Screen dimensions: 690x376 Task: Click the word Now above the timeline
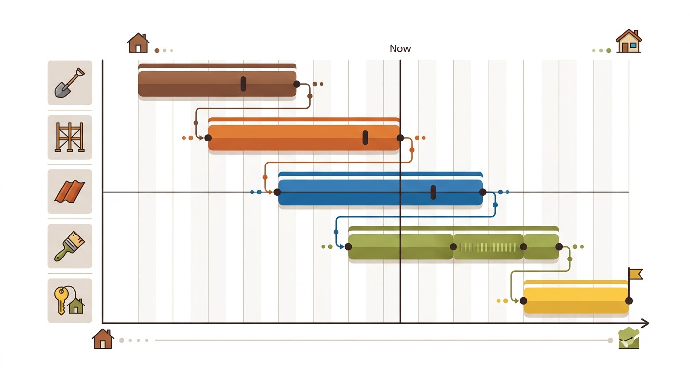click(x=400, y=48)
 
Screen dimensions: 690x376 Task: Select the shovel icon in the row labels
click(x=70, y=83)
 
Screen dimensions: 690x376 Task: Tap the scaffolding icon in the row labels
click(x=70, y=137)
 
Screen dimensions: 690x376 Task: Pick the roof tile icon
click(x=70, y=192)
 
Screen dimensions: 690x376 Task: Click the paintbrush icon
click(x=70, y=246)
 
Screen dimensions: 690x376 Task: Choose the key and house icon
click(x=70, y=301)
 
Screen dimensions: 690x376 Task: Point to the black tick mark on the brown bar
click(x=243, y=84)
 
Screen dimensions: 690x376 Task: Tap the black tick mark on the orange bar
click(x=365, y=138)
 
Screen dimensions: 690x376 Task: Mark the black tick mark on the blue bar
click(x=433, y=192)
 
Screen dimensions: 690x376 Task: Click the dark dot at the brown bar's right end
click(x=296, y=84)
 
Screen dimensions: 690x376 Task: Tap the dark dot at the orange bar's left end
click(x=208, y=138)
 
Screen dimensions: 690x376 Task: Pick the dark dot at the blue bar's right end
click(x=483, y=192)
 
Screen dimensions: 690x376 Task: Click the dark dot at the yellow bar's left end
click(x=523, y=301)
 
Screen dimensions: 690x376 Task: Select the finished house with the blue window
click(x=629, y=41)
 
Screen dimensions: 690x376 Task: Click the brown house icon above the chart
click(x=138, y=43)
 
